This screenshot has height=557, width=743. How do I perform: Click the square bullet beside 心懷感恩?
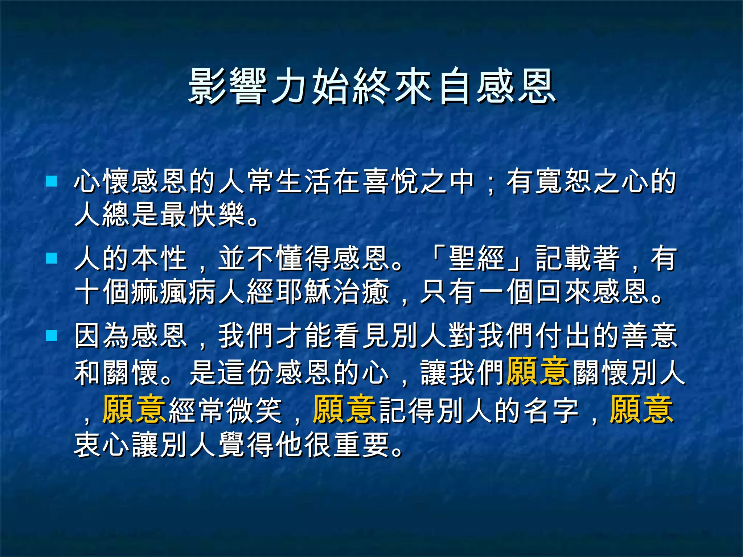[52, 181]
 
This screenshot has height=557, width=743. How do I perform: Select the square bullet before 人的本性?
[52, 258]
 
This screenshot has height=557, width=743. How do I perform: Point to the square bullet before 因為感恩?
[52, 335]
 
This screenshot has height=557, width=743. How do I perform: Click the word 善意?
[649, 336]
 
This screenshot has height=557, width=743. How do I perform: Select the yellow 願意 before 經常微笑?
[134, 409]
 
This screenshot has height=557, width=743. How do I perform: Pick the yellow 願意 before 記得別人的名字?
[344, 409]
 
